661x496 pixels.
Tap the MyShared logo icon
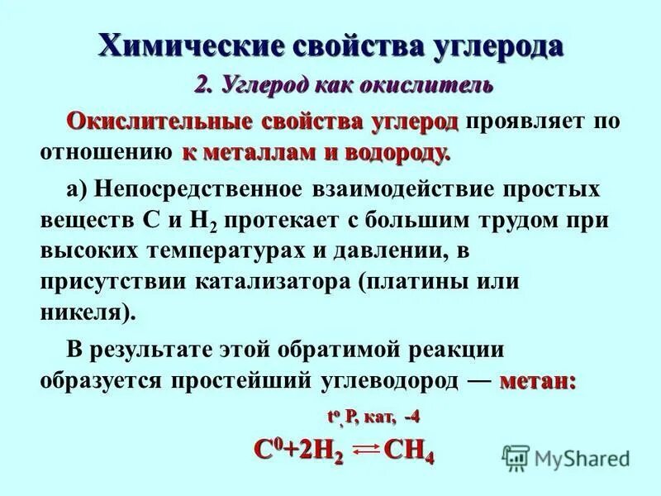click(x=515, y=456)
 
